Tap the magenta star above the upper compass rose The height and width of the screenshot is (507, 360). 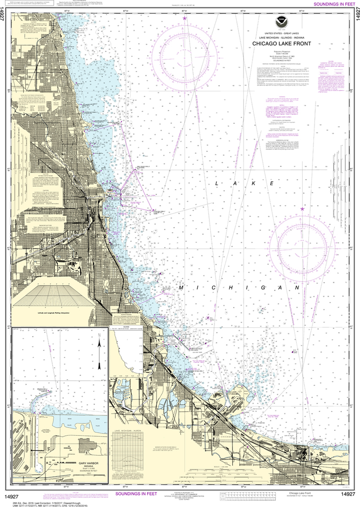pyautogui.click(x=185, y=18)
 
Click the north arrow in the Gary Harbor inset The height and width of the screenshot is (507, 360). pyautogui.click(x=100, y=352)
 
